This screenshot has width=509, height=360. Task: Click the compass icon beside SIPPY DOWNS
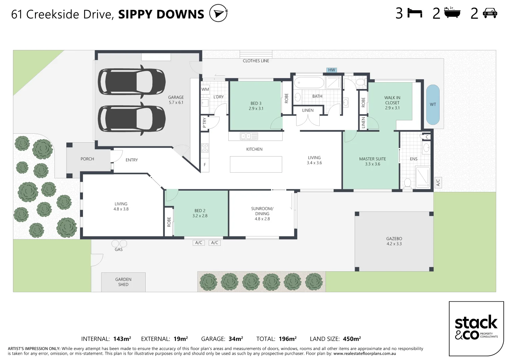(x=218, y=13)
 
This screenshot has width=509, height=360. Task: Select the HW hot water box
(x=332, y=70)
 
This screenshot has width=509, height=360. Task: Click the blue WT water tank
(x=433, y=104)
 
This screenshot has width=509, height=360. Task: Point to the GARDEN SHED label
(x=123, y=282)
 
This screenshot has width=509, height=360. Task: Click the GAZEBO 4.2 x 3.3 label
(x=394, y=241)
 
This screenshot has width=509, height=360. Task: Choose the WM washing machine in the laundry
(x=205, y=89)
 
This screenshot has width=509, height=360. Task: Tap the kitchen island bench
(x=256, y=164)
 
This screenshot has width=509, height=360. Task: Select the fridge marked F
(x=205, y=165)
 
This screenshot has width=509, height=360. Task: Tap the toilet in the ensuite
(x=407, y=183)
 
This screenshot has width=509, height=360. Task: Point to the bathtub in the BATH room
(x=309, y=83)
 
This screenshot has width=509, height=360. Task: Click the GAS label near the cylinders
(x=119, y=249)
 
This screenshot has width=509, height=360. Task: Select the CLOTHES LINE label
(x=256, y=61)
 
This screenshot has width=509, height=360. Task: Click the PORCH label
(x=87, y=159)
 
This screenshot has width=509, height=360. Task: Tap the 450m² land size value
(x=352, y=339)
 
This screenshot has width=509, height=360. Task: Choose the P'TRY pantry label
(x=204, y=123)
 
